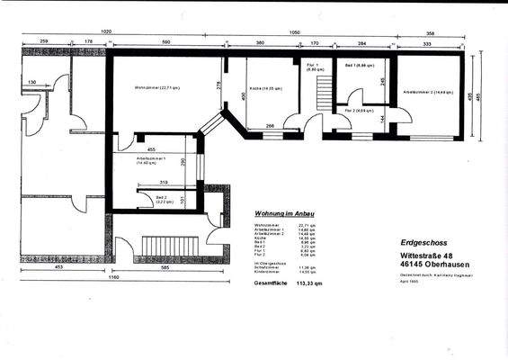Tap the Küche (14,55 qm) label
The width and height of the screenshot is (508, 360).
coord(267,89)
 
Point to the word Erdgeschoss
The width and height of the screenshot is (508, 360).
coord(423,242)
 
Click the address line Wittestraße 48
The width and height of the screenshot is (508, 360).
coord(428,256)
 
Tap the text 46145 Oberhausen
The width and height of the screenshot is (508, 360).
coord(431,265)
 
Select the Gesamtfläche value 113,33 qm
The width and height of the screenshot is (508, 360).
coord(306,283)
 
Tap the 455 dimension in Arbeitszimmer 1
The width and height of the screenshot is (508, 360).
coord(153,149)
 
